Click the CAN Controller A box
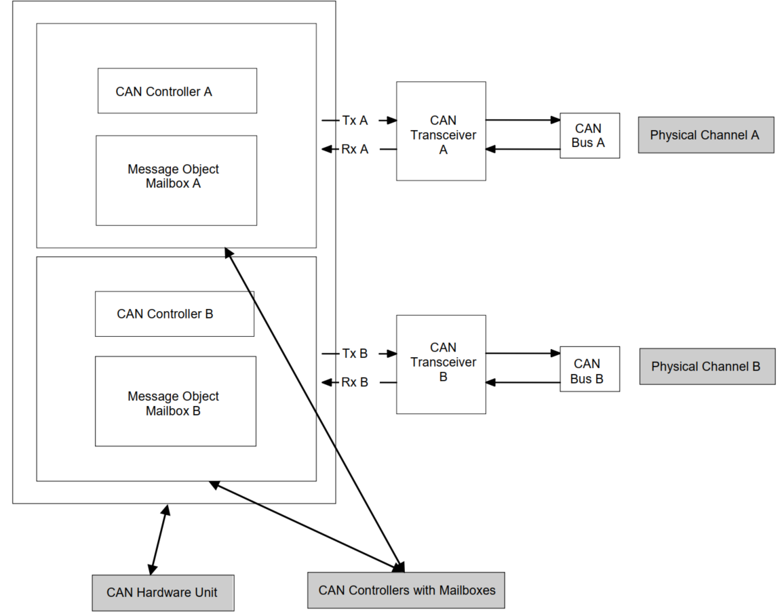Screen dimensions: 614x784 click(x=177, y=91)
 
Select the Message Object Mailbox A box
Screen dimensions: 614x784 click(x=176, y=180)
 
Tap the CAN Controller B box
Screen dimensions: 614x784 click(x=174, y=314)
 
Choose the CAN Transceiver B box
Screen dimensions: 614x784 click(x=441, y=364)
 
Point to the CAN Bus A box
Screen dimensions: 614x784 click(x=589, y=136)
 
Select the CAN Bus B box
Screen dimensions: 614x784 click(x=589, y=369)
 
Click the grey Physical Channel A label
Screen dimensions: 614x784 click(x=705, y=135)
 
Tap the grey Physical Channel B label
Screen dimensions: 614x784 click(x=707, y=367)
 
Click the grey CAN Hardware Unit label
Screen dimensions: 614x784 click(x=163, y=593)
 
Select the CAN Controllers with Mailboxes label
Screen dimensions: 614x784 click(x=406, y=590)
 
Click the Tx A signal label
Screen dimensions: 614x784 click(x=355, y=121)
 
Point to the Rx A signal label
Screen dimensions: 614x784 click(x=355, y=149)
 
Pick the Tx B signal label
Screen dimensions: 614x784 click(x=355, y=353)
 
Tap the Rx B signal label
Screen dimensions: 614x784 click(x=355, y=382)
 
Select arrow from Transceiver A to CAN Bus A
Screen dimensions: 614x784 click(x=522, y=120)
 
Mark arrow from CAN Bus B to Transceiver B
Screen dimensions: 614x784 click(x=522, y=383)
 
